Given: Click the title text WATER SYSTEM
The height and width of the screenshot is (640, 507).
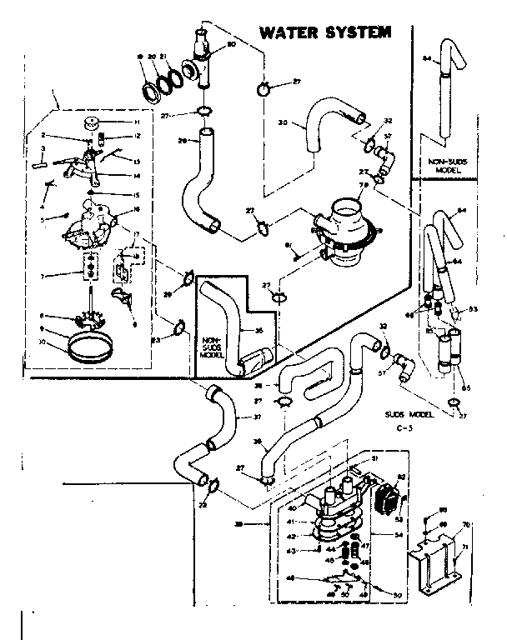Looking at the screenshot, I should pyautogui.click(x=324, y=33).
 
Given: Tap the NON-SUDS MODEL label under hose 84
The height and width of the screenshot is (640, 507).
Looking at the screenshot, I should pyautogui.click(x=447, y=164).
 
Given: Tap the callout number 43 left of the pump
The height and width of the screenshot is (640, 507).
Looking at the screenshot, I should pyautogui.click(x=293, y=551).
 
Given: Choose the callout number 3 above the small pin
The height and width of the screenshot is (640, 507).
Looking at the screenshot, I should pyautogui.click(x=43, y=149).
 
